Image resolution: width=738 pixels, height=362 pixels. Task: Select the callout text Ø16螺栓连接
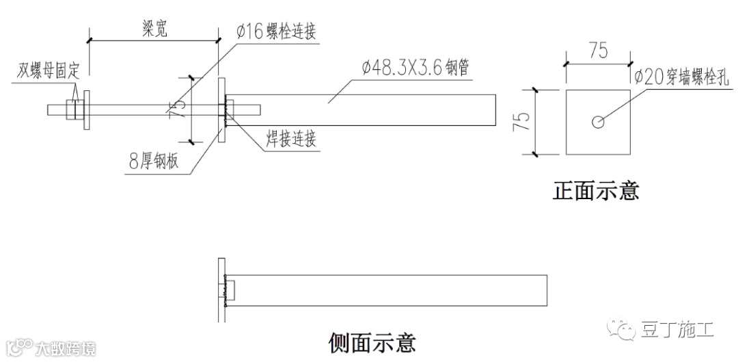(x=276, y=32)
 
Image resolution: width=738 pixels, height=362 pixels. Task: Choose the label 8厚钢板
(x=154, y=162)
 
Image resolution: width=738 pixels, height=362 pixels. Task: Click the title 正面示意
(x=595, y=190)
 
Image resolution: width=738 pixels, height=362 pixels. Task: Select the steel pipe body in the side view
(x=389, y=290)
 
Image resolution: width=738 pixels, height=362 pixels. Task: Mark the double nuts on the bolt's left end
(x=73, y=109)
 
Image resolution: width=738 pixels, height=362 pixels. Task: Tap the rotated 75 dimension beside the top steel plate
(x=175, y=109)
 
